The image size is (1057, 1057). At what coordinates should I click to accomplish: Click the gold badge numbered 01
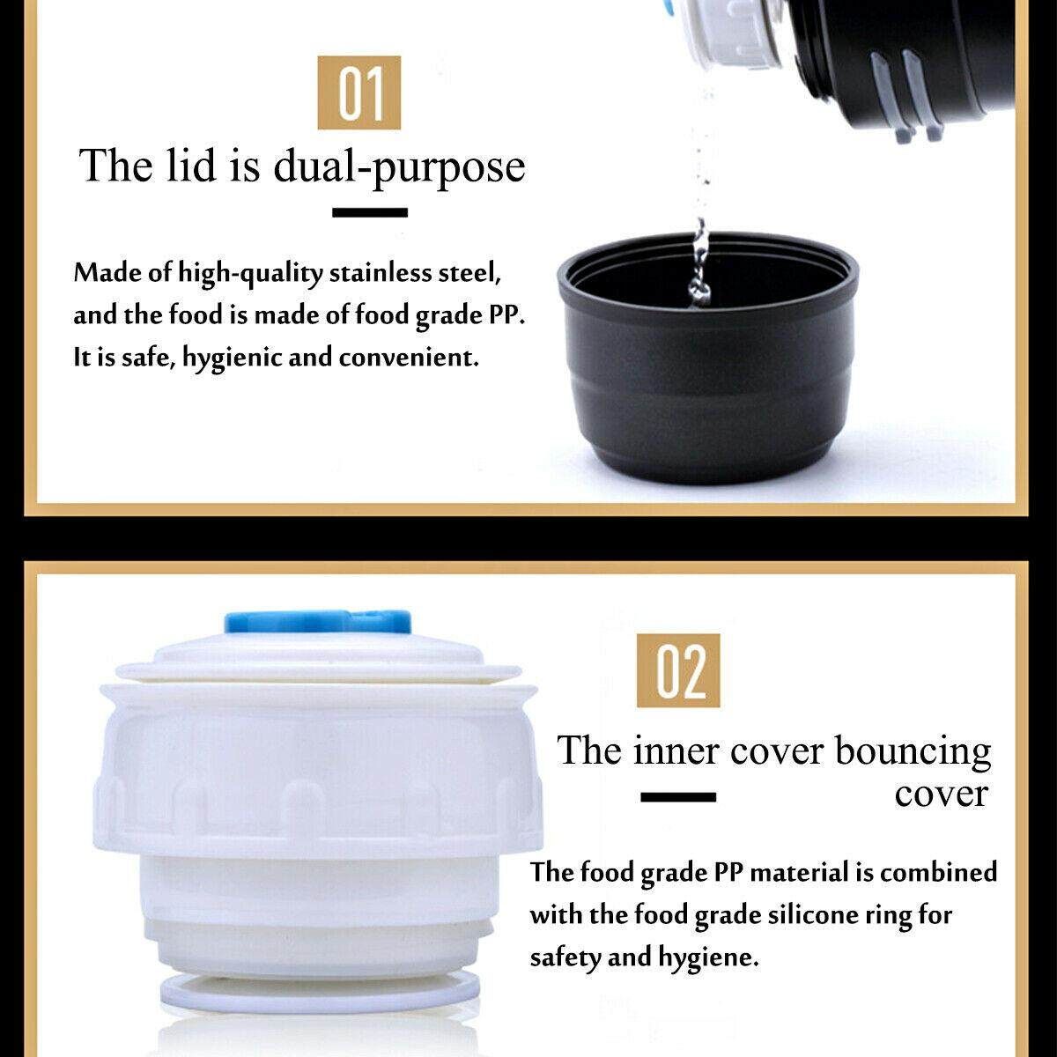(x=358, y=92)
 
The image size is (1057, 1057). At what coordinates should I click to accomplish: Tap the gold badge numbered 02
(x=678, y=670)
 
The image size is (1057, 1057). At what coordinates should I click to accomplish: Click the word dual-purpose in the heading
(x=399, y=166)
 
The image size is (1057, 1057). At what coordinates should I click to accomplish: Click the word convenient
(x=409, y=358)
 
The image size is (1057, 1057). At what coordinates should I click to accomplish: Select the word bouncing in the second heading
(x=913, y=751)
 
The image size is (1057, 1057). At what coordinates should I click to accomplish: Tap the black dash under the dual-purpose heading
(x=370, y=212)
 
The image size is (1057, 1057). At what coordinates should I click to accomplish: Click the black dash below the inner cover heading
(x=678, y=797)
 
